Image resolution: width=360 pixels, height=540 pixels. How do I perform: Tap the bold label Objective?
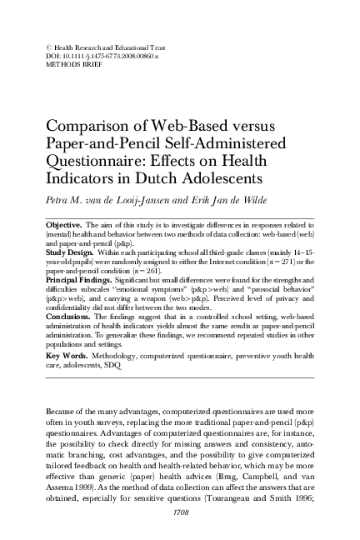click(x=62, y=225)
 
